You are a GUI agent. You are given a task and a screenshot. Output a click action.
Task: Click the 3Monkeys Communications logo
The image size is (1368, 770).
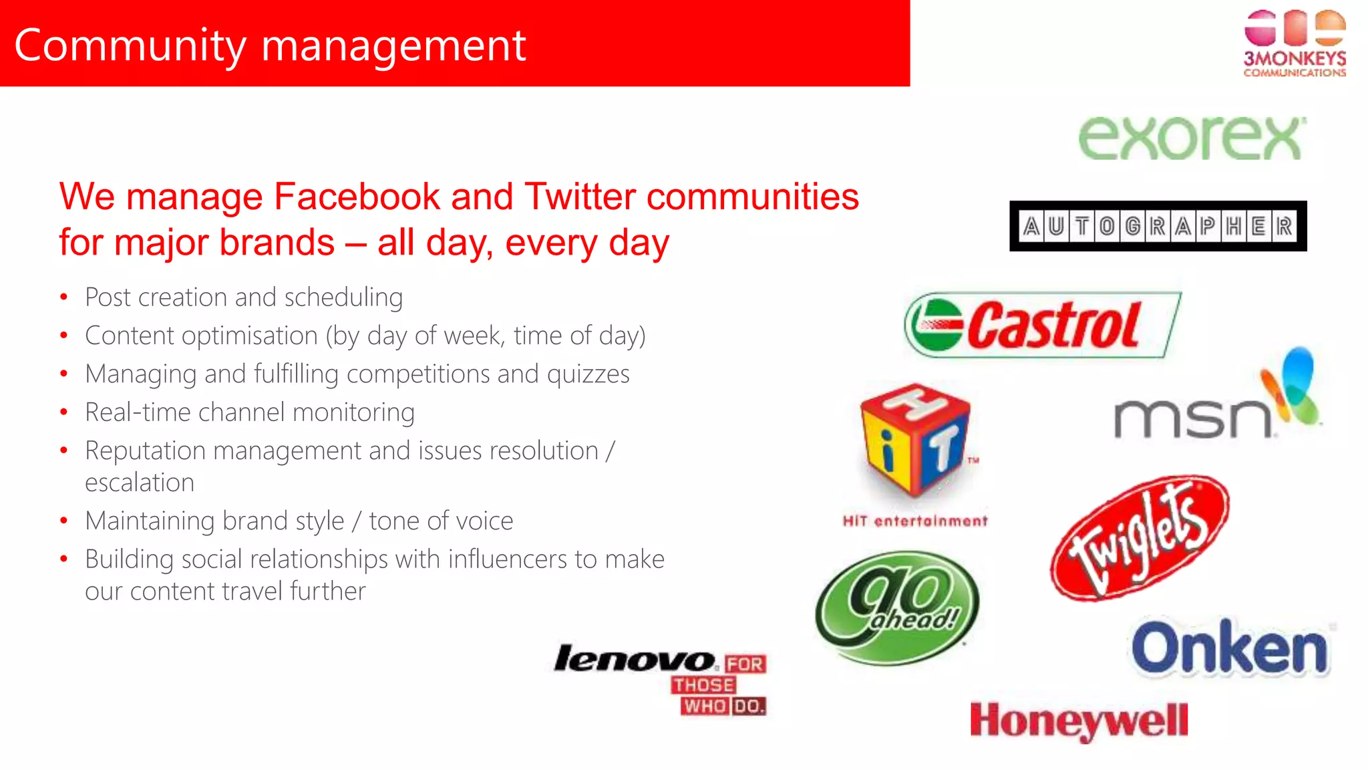tap(1295, 44)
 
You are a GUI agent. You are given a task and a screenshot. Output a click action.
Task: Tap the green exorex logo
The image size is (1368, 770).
tap(1192, 138)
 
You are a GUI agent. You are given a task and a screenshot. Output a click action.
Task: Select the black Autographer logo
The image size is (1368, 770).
tap(1158, 227)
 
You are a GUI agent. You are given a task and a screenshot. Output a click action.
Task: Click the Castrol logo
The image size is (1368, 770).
tap(1042, 325)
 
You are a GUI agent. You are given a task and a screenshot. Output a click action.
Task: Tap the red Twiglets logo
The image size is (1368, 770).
tap(1140, 538)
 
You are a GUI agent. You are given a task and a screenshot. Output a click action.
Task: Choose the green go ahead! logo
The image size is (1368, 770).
tap(897, 607)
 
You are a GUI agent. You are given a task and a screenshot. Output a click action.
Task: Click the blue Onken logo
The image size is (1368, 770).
tap(1230, 648)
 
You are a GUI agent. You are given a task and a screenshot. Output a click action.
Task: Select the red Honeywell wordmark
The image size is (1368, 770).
tap(1079, 721)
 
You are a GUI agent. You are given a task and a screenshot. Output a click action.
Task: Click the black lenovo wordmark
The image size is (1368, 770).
tap(635, 660)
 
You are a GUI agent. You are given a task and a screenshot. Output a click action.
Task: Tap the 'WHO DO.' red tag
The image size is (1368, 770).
tap(723, 707)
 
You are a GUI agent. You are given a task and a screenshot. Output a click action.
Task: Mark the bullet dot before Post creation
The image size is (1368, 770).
tap(63, 297)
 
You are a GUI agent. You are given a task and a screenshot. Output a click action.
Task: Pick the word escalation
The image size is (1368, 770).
tap(140, 483)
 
